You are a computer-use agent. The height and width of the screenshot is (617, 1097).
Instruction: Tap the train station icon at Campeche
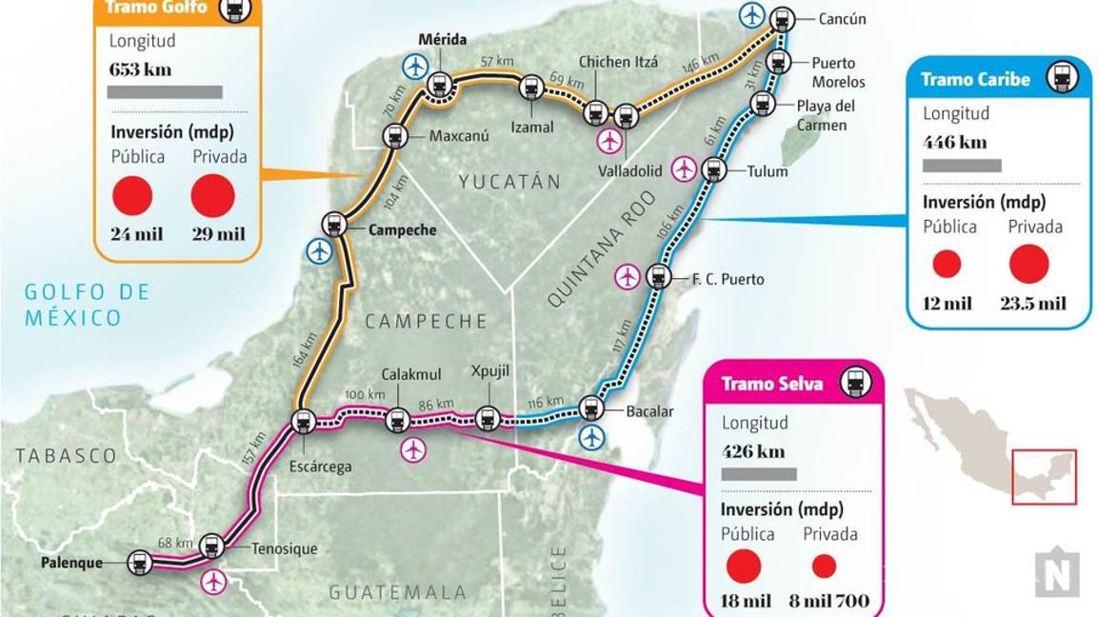pos(333,225)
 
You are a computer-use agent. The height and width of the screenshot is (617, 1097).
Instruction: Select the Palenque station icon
pos(140,563)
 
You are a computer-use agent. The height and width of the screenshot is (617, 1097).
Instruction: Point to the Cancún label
pos(842,19)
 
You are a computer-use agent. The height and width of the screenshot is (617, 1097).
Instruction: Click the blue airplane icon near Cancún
pos(752,14)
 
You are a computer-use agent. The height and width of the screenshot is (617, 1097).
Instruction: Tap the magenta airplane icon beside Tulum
pos(684,169)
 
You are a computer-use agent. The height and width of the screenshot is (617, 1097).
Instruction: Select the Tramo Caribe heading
pos(975,79)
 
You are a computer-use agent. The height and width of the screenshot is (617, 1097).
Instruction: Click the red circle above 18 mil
pos(744,567)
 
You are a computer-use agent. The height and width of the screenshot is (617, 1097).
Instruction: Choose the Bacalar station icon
pos(590,408)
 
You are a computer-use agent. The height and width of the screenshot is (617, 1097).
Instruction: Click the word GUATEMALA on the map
pos(398,592)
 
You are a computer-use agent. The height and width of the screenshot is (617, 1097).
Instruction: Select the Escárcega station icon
pos(304,422)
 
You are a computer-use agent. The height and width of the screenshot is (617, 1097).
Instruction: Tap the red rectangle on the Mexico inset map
pos(1044,476)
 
